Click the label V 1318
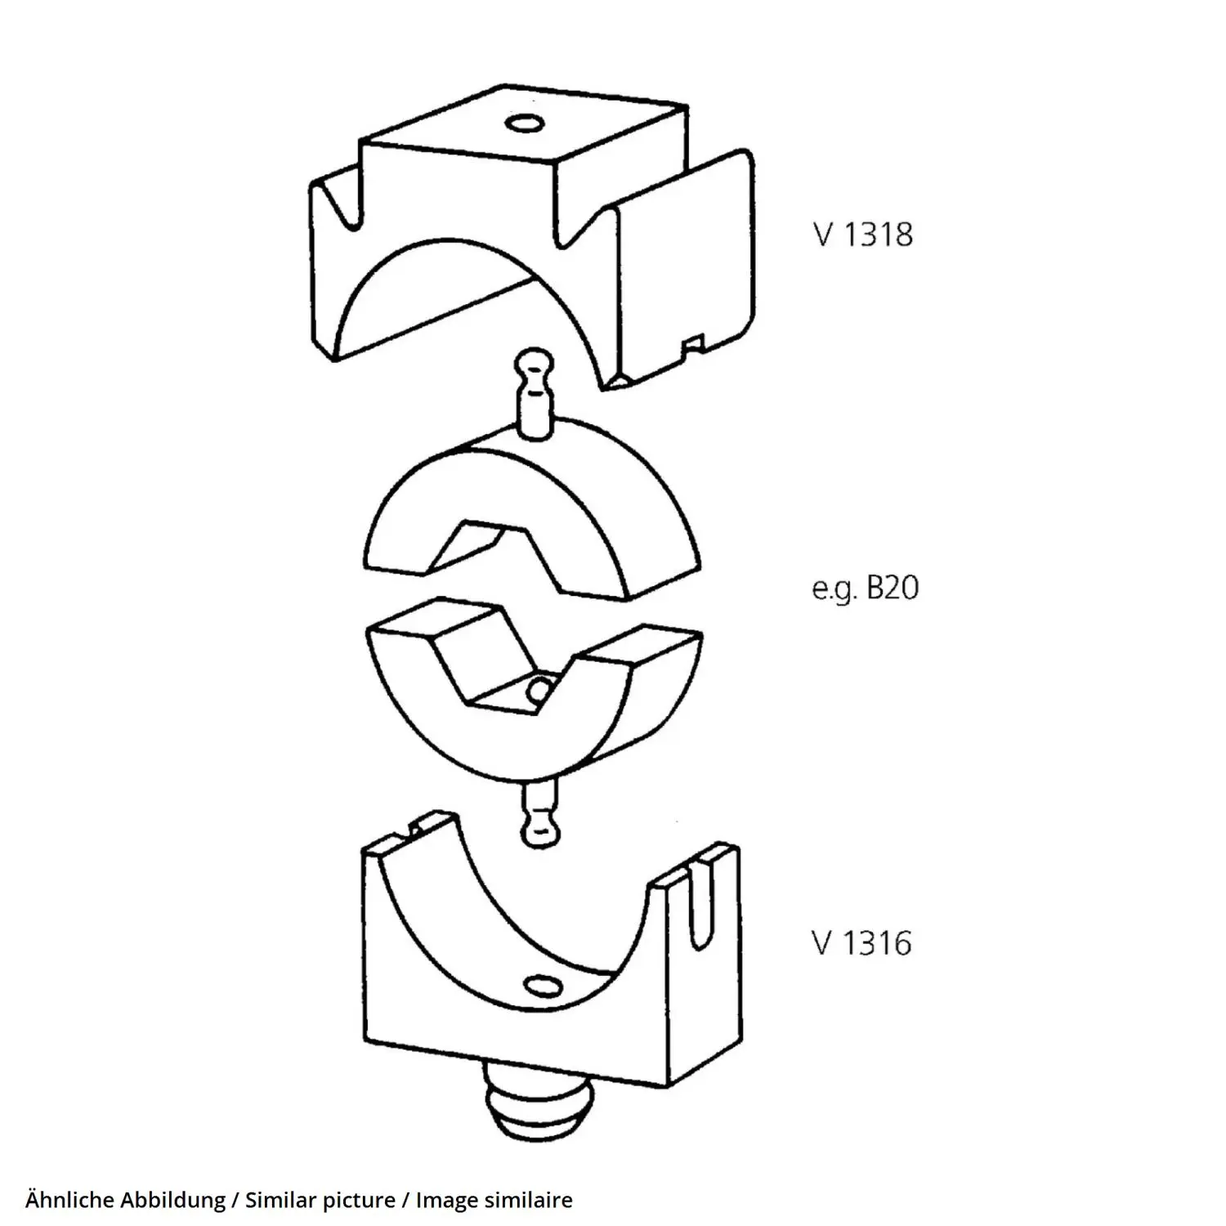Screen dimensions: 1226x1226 [x=863, y=235]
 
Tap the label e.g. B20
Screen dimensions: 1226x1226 [x=865, y=588]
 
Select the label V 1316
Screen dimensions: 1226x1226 [x=862, y=943]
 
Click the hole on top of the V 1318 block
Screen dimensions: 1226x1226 [x=525, y=124]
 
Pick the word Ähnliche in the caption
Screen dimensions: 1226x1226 [x=71, y=1200]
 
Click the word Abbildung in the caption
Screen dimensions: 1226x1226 [x=173, y=1201]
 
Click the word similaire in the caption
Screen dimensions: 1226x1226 [x=529, y=1200]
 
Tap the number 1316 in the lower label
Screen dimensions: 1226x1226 [x=876, y=943]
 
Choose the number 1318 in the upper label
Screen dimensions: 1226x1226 [x=878, y=235]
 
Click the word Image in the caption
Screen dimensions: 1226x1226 [x=447, y=1201]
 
